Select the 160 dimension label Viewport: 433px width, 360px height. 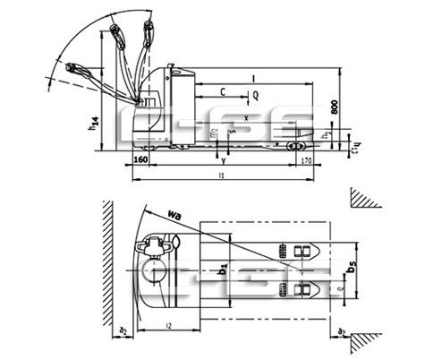click(x=140, y=160)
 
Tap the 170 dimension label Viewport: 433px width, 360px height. click(x=305, y=160)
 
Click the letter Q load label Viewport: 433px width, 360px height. click(x=255, y=93)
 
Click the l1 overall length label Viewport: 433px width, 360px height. click(x=221, y=176)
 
